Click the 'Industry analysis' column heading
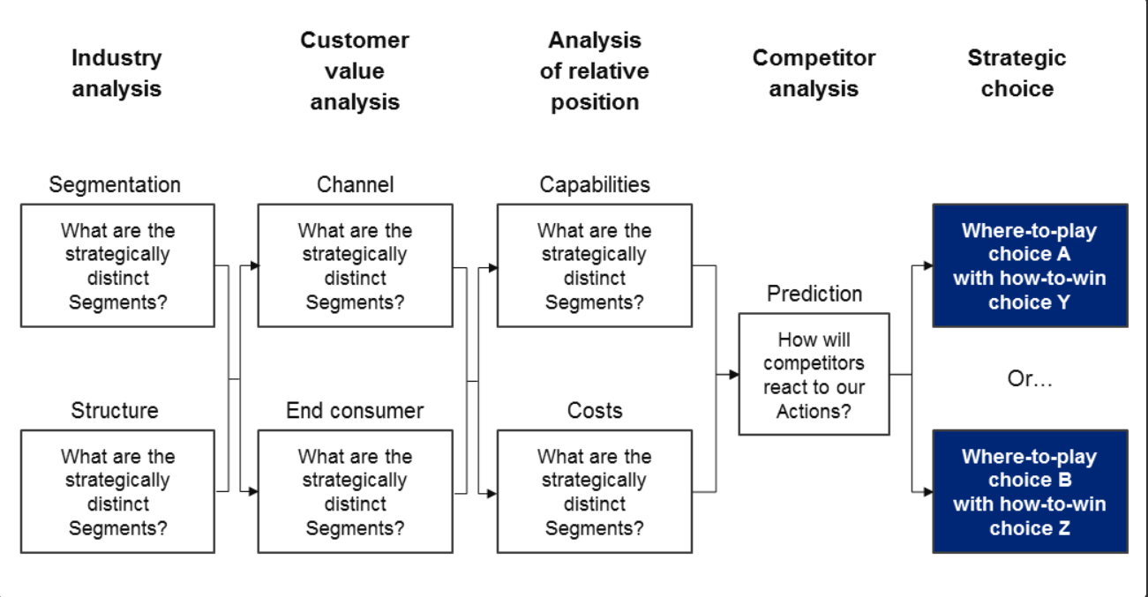pyautogui.click(x=116, y=73)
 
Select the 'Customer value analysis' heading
pyautogui.click(x=355, y=71)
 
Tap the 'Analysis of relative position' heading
pyautogui.click(x=595, y=71)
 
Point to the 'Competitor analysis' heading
pyautogui.click(x=814, y=73)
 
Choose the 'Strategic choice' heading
pyautogui.click(x=1017, y=73)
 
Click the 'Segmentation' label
pyautogui.click(x=115, y=185)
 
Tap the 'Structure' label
pyautogui.click(x=115, y=411)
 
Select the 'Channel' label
pyautogui.click(x=355, y=185)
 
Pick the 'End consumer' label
pyautogui.click(x=355, y=411)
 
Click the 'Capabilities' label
pyautogui.click(x=595, y=185)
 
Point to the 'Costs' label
pyautogui.click(x=595, y=411)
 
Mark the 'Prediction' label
pyautogui.click(x=814, y=294)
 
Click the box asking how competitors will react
pyautogui.click(x=814, y=374)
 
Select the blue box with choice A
pyautogui.click(x=1030, y=265)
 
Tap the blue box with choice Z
pyautogui.click(x=1030, y=491)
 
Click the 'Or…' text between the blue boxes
pyautogui.click(x=1030, y=379)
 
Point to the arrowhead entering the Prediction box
pyautogui.click(x=734, y=375)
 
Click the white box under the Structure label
pyautogui.click(x=117, y=491)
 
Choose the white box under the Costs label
pyautogui.click(x=595, y=491)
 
